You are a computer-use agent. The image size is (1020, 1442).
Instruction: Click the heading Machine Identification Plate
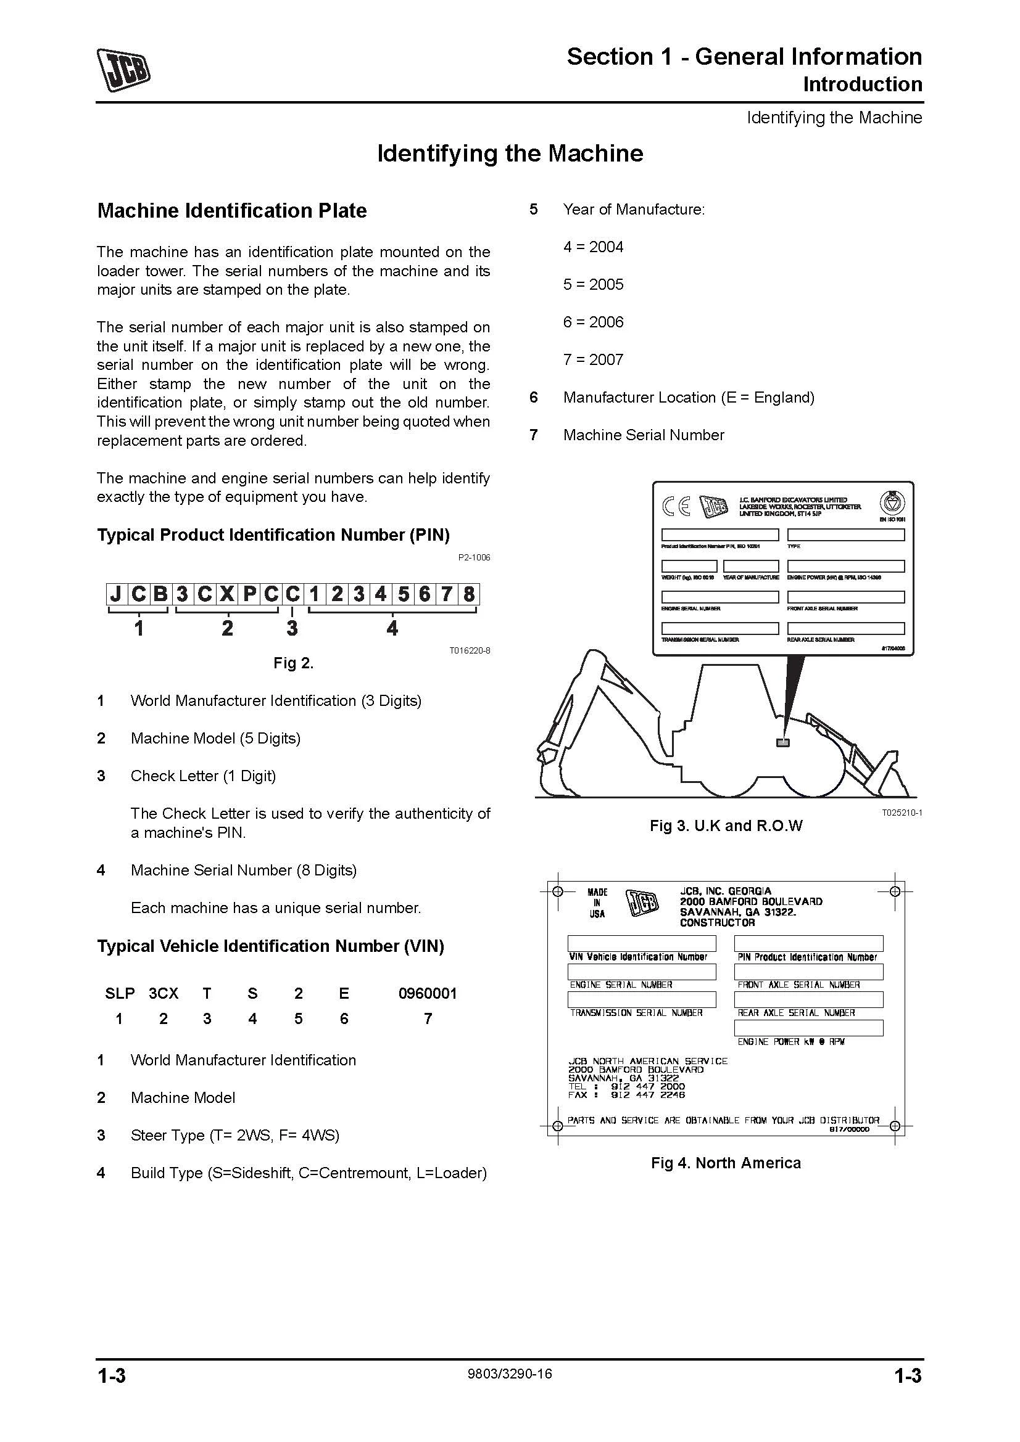pyautogui.click(x=232, y=211)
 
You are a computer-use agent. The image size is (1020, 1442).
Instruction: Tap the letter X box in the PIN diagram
pyautogui.click(x=227, y=594)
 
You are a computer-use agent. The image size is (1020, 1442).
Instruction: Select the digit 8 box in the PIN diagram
pyautogui.click(x=468, y=594)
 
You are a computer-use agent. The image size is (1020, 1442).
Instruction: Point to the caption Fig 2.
pyautogui.click(x=294, y=663)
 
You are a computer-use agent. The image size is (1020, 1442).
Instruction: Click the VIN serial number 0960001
pyautogui.click(x=428, y=994)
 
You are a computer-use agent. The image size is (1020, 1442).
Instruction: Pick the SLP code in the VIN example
pyautogui.click(x=120, y=994)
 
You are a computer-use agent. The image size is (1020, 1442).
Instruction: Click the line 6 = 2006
pyautogui.click(x=593, y=322)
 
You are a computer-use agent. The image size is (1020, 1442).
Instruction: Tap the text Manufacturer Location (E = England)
pyautogui.click(x=689, y=398)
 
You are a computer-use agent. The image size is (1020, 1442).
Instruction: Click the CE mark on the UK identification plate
pyautogui.click(x=676, y=506)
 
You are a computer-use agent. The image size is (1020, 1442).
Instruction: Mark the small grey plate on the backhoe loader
pyautogui.click(x=782, y=742)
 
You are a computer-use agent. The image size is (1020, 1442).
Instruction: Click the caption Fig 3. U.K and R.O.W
pyautogui.click(x=726, y=826)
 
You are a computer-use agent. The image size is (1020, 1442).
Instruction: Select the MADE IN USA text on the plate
pyautogui.click(x=597, y=903)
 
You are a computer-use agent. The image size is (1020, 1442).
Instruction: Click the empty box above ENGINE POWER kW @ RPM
pyautogui.click(x=808, y=1028)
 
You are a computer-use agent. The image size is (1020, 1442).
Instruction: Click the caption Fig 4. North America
pyautogui.click(x=726, y=1163)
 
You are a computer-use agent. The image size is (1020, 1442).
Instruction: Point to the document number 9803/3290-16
pyautogui.click(x=510, y=1374)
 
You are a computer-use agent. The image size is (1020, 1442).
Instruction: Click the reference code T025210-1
pyautogui.click(x=902, y=813)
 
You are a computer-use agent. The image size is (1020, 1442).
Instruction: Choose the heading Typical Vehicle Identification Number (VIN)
pyautogui.click(x=270, y=946)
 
